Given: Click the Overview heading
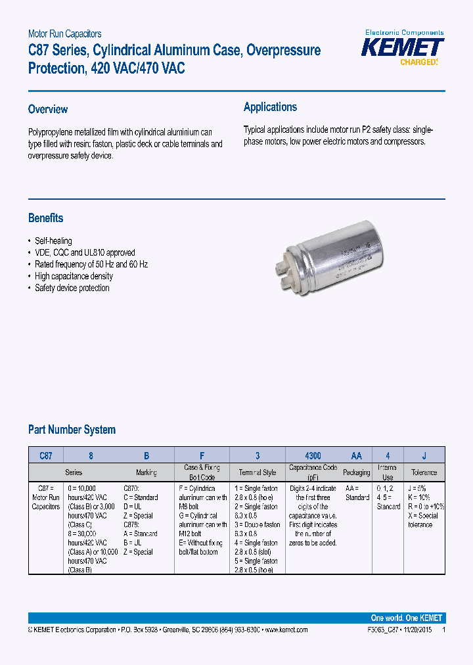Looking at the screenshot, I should click(48, 109).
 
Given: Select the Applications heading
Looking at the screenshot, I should click(270, 107).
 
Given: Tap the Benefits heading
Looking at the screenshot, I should click(46, 218).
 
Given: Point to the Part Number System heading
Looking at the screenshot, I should click(72, 430).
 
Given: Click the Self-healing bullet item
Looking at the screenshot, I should click(53, 241).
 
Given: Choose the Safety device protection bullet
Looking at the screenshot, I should click(72, 288).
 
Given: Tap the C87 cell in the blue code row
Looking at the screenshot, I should click(45, 455).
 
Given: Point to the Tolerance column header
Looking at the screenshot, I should click(424, 472).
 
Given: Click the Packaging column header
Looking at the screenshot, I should click(356, 472).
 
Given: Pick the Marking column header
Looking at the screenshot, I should click(146, 472).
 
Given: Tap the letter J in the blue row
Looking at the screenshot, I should click(424, 455).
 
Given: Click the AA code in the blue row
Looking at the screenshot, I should click(356, 455).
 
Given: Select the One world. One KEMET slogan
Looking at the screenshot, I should click(406, 618).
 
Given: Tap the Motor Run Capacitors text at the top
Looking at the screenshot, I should click(64, 34).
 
